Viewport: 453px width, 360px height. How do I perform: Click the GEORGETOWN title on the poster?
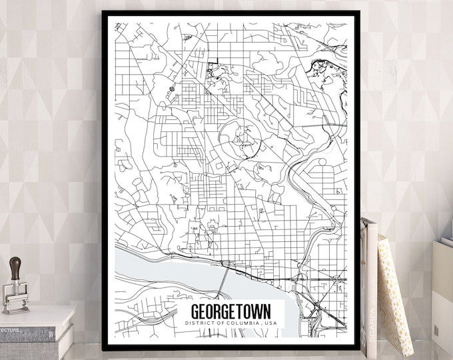231,312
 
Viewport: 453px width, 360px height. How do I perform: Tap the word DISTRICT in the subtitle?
197,323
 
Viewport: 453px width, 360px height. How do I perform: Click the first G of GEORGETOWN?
195,312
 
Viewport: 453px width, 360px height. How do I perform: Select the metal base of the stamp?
16,301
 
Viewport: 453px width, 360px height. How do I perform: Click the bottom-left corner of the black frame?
105,347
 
